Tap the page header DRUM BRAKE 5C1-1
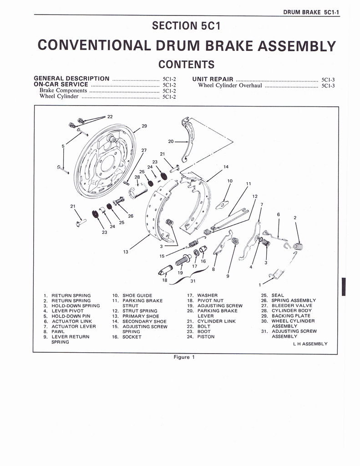click(311, 12)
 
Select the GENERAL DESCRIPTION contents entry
click(71, 79)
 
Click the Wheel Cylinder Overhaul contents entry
click(230, 85)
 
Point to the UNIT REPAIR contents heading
click(213, 79)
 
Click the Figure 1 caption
click(184, 357)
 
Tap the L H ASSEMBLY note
click(310, 344)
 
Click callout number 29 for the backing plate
click(144, 126)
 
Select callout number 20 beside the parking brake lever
click(171, 142)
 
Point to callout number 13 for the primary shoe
click(126, 252)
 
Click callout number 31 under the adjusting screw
click(193, 280)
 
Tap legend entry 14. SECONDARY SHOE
click(140, 321)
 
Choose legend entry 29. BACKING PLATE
click(285, 316)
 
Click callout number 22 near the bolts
click(110, 116)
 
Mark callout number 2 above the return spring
click(295, 218)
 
